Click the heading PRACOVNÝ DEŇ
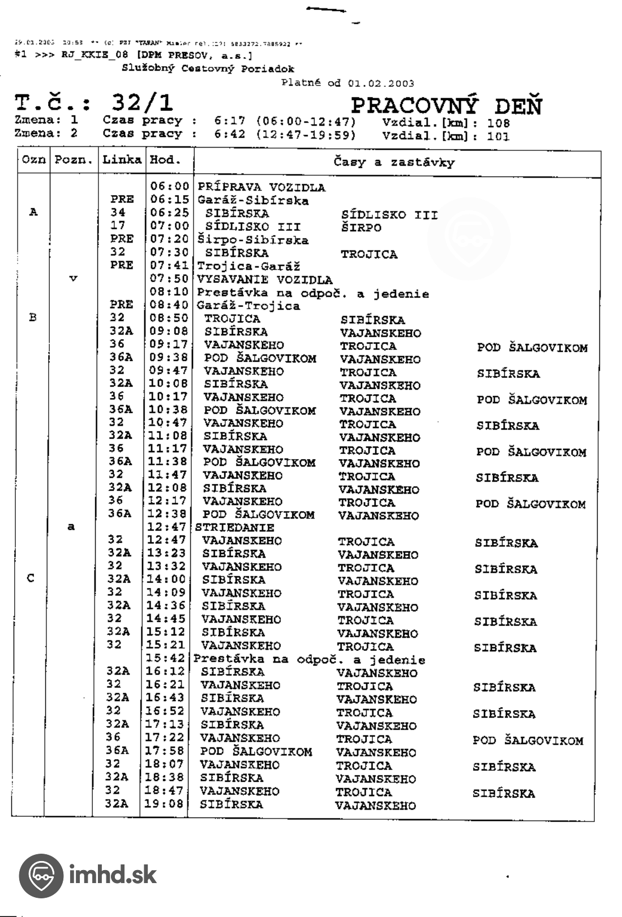point(446,106)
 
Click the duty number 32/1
point(142,103)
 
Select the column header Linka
point(122,160)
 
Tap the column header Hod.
point(163,160)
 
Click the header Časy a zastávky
point(394,163)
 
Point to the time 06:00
point(169,187)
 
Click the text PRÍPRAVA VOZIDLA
point(261,187)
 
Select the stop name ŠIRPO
point(361,228)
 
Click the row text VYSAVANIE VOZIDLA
point(264,280)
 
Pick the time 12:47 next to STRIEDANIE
point(166,527)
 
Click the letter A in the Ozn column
point(33,213)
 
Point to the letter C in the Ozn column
point(31,578)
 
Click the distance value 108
point(498,123)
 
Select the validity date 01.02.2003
point(381,83)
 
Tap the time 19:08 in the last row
point(164,803)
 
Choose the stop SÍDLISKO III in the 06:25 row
point(389,215)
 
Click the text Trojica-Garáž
point(248,266)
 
